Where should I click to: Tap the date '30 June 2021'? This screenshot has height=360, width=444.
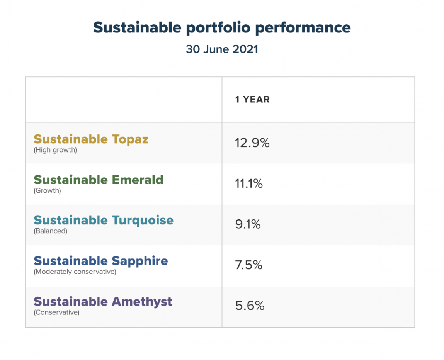222,49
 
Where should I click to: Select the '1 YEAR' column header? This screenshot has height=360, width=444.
252,100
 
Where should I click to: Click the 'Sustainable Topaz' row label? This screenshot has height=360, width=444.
91,139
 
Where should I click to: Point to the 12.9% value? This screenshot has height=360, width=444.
252,143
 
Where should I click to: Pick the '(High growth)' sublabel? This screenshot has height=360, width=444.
55,150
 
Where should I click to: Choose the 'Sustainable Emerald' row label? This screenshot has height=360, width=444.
99,180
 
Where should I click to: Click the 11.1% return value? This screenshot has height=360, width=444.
249,184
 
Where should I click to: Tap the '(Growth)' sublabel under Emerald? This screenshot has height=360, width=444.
48,190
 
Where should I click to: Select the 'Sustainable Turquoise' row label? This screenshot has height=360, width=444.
104,220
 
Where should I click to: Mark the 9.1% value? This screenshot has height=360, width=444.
248,224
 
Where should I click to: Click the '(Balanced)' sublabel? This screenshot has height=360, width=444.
51,231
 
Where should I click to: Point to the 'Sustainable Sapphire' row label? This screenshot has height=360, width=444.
101,261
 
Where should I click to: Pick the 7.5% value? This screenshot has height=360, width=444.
248,265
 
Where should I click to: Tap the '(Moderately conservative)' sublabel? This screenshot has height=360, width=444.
75,272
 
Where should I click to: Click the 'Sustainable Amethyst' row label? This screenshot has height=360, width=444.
103,301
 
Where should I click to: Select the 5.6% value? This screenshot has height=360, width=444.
250,306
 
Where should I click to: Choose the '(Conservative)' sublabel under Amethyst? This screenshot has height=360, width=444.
56,312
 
